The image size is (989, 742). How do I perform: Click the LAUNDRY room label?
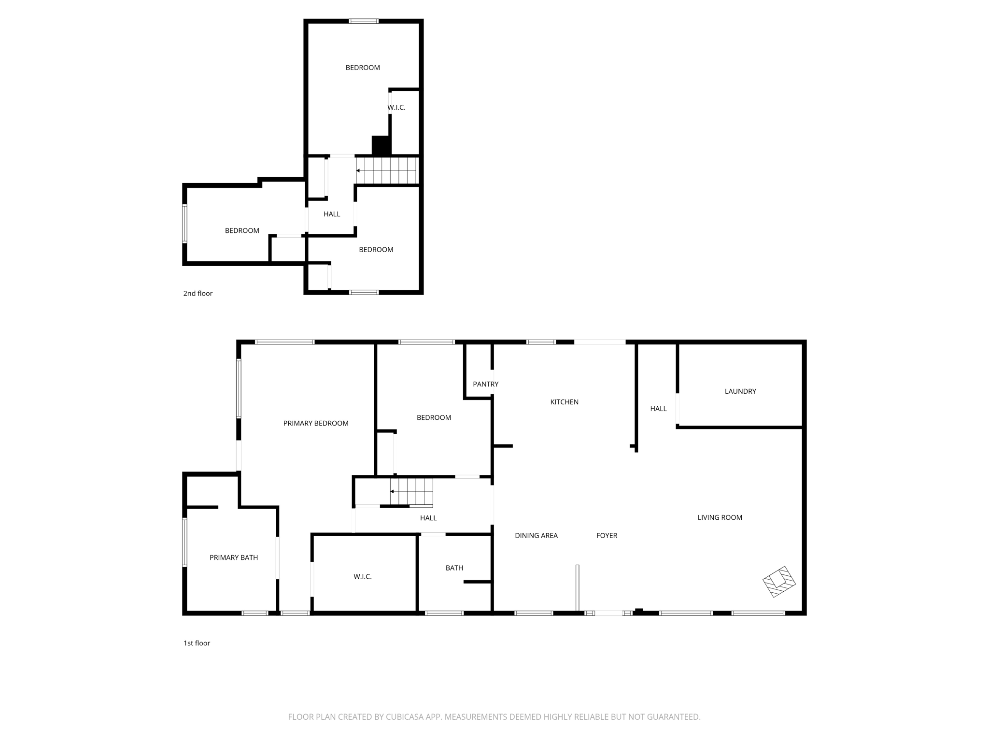click(740, 391)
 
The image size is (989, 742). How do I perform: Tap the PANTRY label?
click(485, 384)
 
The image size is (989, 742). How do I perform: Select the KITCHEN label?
click(564, 402)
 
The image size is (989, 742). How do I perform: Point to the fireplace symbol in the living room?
click(778, 582)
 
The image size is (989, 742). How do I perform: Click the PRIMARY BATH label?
click(233, 557)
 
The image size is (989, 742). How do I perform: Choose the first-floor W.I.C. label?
click(362, 576)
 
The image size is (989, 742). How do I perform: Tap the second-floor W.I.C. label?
click(396, 107)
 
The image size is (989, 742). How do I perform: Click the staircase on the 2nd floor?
click(387, 171)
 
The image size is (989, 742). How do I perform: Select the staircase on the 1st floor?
click(412, 492)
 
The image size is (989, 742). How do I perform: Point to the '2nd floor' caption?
click(198, 293)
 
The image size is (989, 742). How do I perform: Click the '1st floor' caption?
click(197, 643)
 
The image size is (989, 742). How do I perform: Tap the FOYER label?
click(607, 535)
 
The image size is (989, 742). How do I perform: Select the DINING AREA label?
click(536, 535)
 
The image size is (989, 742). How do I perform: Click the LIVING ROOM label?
click(720, 517)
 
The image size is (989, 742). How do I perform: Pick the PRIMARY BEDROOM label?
click(315, 423)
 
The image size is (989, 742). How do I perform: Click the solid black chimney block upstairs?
click(381, 145)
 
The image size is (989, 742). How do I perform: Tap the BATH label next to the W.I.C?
click(454, 568)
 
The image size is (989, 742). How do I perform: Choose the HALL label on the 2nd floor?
click(331, 214)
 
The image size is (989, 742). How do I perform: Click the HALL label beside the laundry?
click(658, 409)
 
